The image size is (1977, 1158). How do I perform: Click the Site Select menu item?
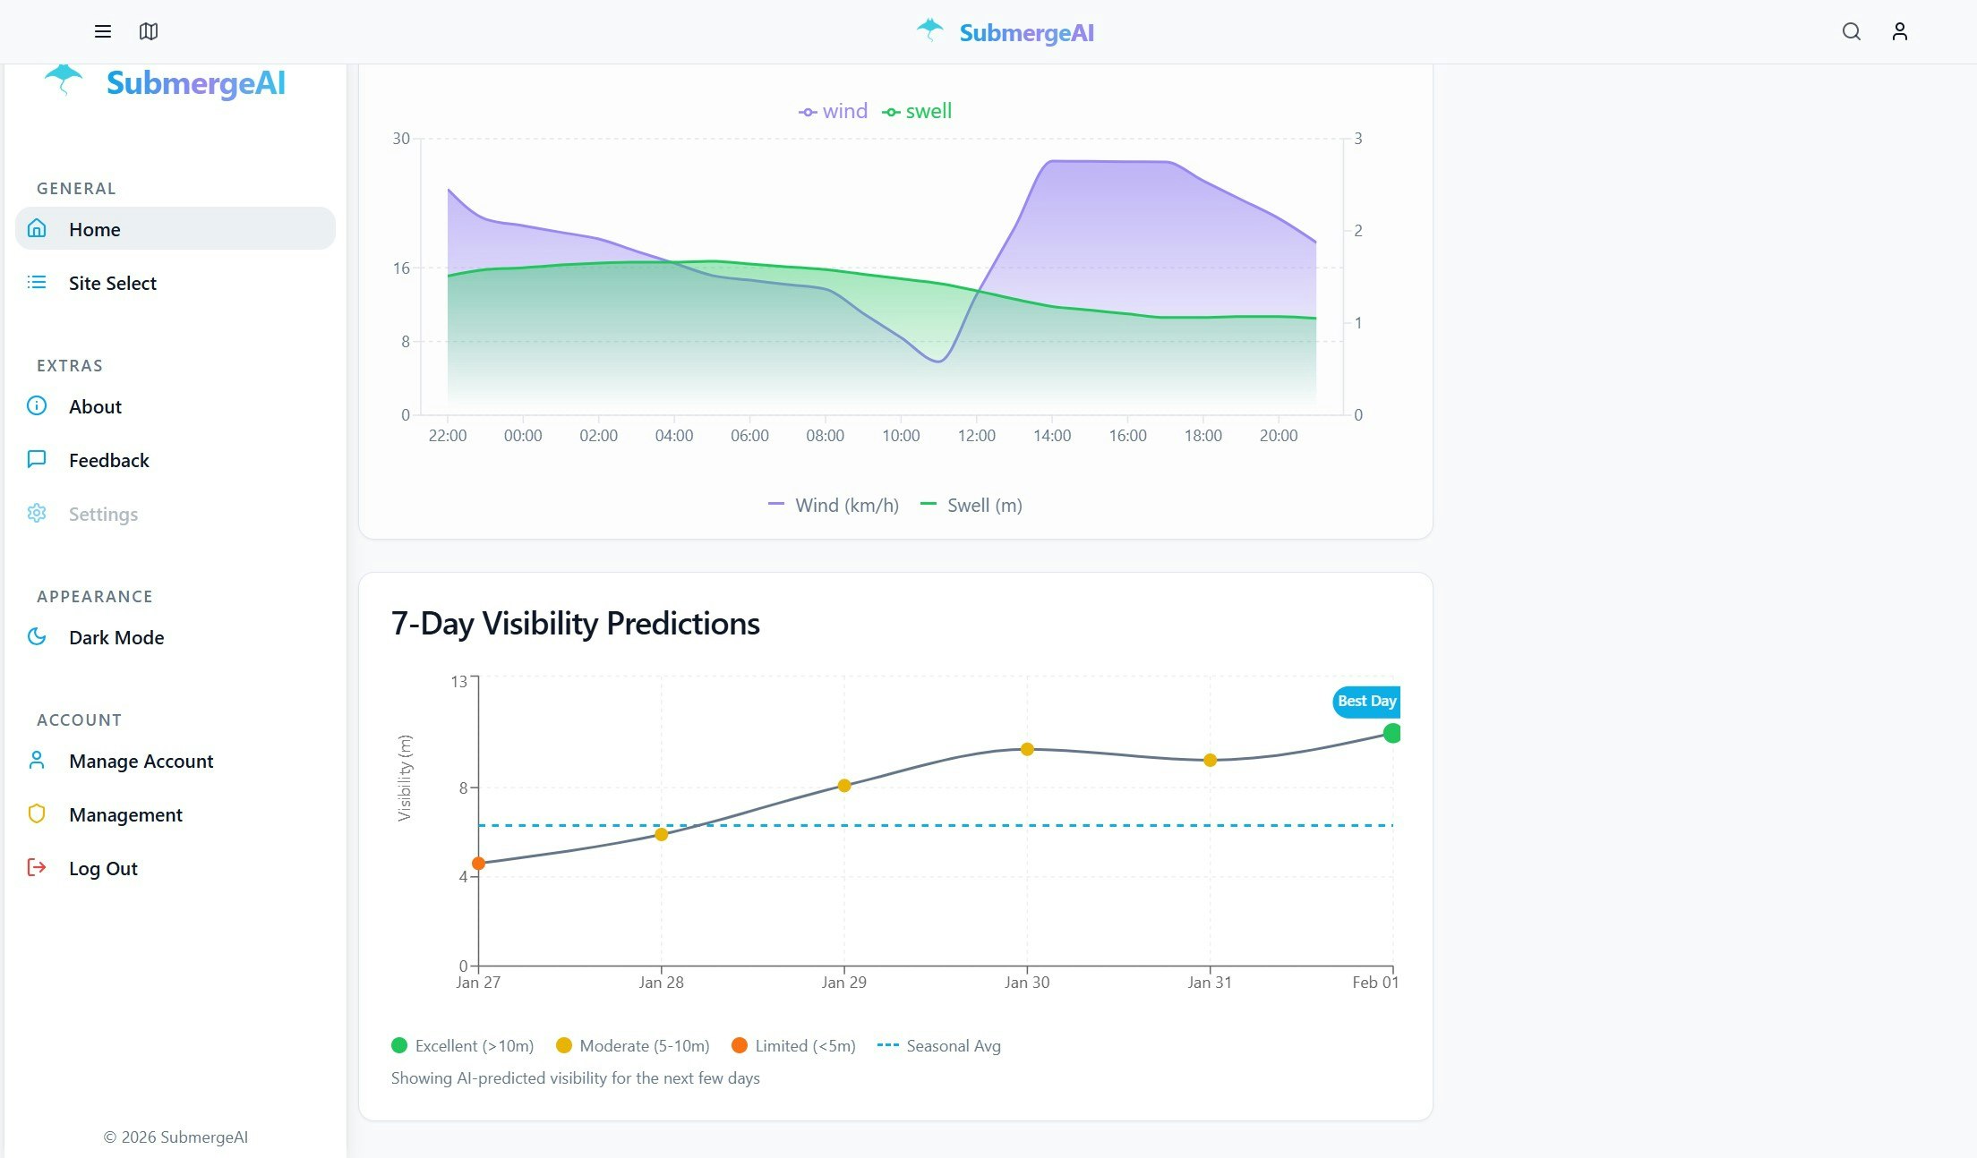click(112, 283)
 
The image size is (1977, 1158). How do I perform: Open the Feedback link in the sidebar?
click(108, 460)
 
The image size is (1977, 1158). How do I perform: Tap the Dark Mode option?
click(116, 637)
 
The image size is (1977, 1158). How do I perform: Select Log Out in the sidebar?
click(102, 868)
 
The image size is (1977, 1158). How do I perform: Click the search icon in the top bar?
click(1851, 32)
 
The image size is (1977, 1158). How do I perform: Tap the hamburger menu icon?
click(103, 32)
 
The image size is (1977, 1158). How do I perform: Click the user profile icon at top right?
click(1899, 32)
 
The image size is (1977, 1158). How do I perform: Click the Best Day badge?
click(1365, 701)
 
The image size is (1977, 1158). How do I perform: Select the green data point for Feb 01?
click(1391, 733)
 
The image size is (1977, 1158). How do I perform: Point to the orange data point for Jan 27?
click(478, 863)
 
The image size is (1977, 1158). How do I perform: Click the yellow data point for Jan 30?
click(1027, 749)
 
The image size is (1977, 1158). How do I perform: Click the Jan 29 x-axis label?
click(843, 982)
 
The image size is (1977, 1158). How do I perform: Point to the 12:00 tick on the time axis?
click(976, 436)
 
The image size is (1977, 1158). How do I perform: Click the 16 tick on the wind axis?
click(401, 268)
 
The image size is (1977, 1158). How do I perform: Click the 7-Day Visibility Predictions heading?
click(575, 623)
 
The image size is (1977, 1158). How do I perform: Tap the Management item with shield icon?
click(125, 814)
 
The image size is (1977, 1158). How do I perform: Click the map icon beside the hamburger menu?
click(149, 32)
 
